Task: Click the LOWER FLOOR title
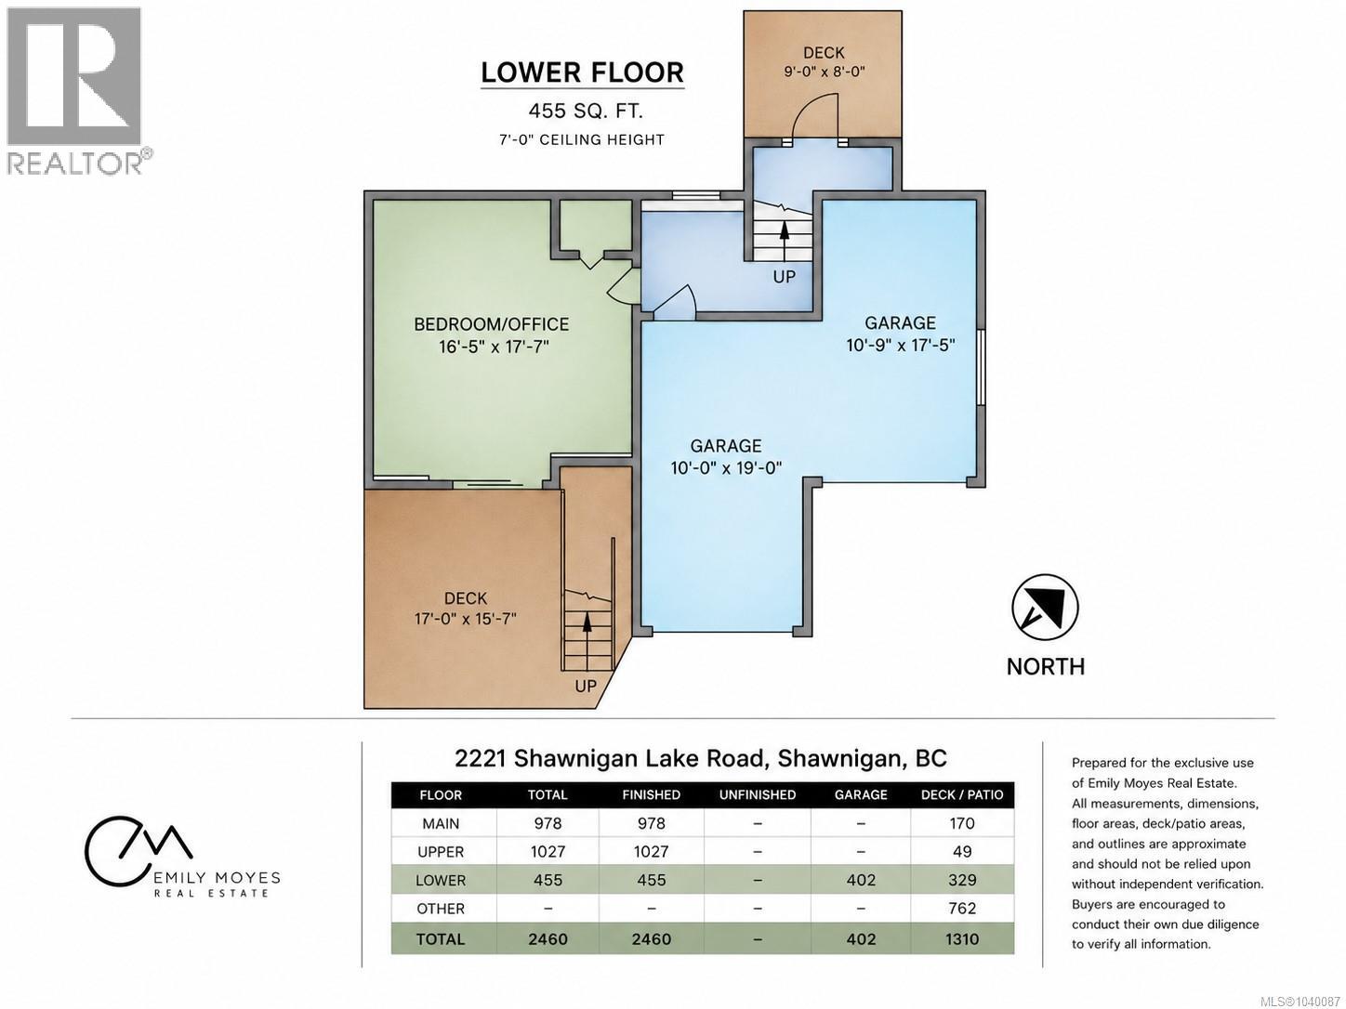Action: (x=582, y=72)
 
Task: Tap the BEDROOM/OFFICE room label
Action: (x=491, y=324)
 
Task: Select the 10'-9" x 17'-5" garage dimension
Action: (x=900, y=346)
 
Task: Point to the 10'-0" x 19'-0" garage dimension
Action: (x=726, y=468)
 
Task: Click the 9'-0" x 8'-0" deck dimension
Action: (x=825, y=72)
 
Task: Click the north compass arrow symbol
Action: (x=1045, y=608)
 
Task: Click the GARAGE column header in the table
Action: (x=861, y=794)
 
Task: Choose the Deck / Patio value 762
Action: (x=961, y=908)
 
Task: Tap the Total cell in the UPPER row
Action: (x=548, y=852)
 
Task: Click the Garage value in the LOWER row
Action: (x=861, y=880)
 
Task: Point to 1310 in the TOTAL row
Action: (x=961, y=938)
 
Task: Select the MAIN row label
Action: (x=441, y=823)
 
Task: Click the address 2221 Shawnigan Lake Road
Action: (x=611, y=758)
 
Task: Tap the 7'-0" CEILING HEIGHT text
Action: (x=581, y=139)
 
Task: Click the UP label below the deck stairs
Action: (x=586, y=687)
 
